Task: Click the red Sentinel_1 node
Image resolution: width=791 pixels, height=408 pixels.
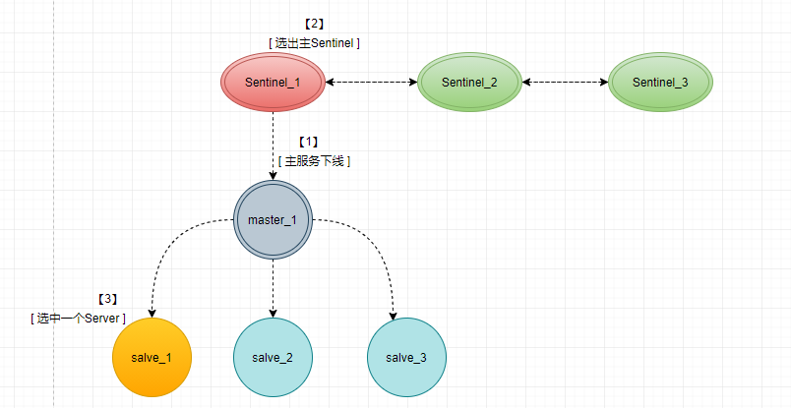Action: [273, 82]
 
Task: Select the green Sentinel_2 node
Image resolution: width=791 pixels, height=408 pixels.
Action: [469, 82]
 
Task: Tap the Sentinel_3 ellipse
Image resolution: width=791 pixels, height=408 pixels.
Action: [660, 82]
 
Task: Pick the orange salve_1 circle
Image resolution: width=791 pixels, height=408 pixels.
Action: [152, 357]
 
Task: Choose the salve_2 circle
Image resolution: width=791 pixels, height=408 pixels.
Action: [273, 357]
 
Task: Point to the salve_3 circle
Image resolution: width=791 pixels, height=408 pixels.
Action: [405, 357]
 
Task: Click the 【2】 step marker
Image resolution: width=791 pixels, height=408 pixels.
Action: [316, 23]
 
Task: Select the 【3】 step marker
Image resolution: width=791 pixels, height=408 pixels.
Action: [107, 299]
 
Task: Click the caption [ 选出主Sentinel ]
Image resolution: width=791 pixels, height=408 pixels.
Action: [314, 43]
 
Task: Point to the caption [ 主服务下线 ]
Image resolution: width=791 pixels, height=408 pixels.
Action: [315, 160]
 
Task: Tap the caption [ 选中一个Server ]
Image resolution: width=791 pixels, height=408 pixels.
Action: [79, 318]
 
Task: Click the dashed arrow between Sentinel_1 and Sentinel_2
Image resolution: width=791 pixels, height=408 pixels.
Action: [371, 82]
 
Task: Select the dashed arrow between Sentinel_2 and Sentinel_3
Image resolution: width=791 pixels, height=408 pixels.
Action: [565, 82]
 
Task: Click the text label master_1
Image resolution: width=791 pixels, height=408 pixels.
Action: [273, 219]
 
